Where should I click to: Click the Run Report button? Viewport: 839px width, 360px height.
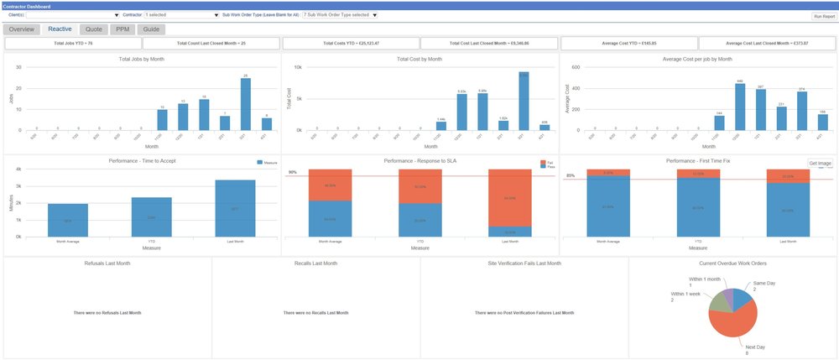point(823,16)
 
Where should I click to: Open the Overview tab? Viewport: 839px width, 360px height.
point(22,29)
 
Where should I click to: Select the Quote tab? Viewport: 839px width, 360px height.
point(94,29)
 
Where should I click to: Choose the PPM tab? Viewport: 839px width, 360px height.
point(122,29)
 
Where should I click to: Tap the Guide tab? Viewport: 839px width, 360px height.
point(152,29)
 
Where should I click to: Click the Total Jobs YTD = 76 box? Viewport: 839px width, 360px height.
point(73,43)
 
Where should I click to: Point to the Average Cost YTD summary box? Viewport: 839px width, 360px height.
point(628,43)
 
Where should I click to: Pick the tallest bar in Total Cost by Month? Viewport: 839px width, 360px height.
point(524,102)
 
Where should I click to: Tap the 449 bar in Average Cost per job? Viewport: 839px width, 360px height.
point(740,107)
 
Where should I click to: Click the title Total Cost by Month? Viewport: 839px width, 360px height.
point(419,60)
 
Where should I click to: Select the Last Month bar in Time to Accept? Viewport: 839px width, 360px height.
point(235,208)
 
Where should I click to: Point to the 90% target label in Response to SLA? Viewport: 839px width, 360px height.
point(293,172)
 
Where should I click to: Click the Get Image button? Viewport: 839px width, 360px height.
point(820,163)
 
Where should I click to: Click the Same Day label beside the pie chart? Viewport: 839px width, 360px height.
point(763,284)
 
